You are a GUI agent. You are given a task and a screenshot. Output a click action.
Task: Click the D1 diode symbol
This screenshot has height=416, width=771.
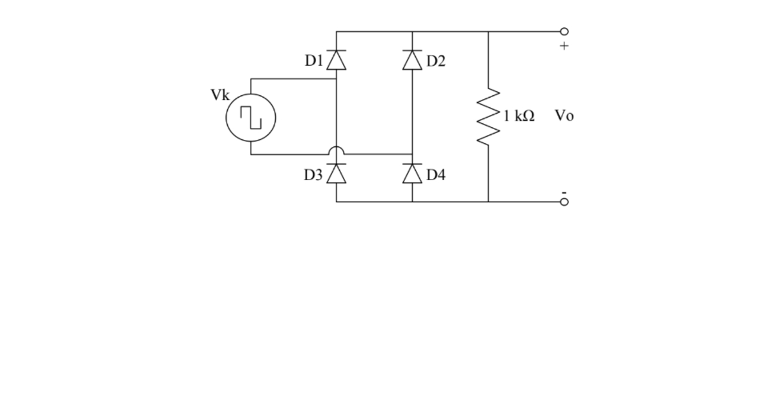pyautogui.click(x=337, y=60)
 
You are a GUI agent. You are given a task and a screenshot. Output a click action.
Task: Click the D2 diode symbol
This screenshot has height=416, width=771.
pyautogui.click(x=412, y=60)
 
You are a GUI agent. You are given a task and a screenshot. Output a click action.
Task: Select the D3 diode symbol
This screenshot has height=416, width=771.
pyautogui.click(x=337, y=173)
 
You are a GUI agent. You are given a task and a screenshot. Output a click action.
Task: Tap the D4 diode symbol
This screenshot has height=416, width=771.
pyautogui.click(x=412, y=173)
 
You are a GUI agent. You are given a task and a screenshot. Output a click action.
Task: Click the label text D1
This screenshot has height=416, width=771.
pyautogui.click(x=314, y=61)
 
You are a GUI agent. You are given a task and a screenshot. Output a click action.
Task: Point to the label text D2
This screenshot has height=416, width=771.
pyautogui.click(x=436, y=61)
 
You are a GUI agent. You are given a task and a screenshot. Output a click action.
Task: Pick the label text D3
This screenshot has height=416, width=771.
pyautogui.click(x=314, y=175)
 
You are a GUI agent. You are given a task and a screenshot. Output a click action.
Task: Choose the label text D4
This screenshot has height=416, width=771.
pyautogui.click(x=436, y=175)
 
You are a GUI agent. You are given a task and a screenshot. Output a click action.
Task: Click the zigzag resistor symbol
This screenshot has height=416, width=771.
pyautogui.click(x=489, y=116)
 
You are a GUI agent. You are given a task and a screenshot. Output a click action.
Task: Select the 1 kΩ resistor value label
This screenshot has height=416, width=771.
pyautogui.click(x=518, y=116)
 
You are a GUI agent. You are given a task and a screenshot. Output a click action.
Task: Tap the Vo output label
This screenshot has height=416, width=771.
pyautogui.click(x=564, y=116)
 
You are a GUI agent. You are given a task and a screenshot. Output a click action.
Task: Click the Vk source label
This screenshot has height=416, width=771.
pyautogui.click(x=220, y=95)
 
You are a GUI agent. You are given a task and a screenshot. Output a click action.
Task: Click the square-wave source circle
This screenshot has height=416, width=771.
pyautogui.click(x=251, y=118)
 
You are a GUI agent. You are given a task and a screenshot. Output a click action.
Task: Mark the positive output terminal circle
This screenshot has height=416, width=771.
pyautogui.click(x=564, y=31)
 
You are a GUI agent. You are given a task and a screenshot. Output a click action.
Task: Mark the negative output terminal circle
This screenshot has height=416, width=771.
pyautogui.click(x=564, y=202)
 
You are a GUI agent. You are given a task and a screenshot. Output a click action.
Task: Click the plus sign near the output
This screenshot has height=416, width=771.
pyautogui.click(x=564, y=46)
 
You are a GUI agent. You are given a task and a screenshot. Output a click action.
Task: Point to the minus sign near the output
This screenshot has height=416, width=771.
pyautogui.click(x=564, y=192)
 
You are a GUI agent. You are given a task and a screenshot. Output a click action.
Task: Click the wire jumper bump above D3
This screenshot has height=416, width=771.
pyautogui.click(x=337, y=151)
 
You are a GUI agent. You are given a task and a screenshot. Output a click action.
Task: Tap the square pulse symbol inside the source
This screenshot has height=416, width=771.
pyautogui.click(x=251, y=118)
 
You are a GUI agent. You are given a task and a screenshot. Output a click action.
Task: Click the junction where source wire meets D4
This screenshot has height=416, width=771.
pyautogui.click(x=412, y=154)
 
